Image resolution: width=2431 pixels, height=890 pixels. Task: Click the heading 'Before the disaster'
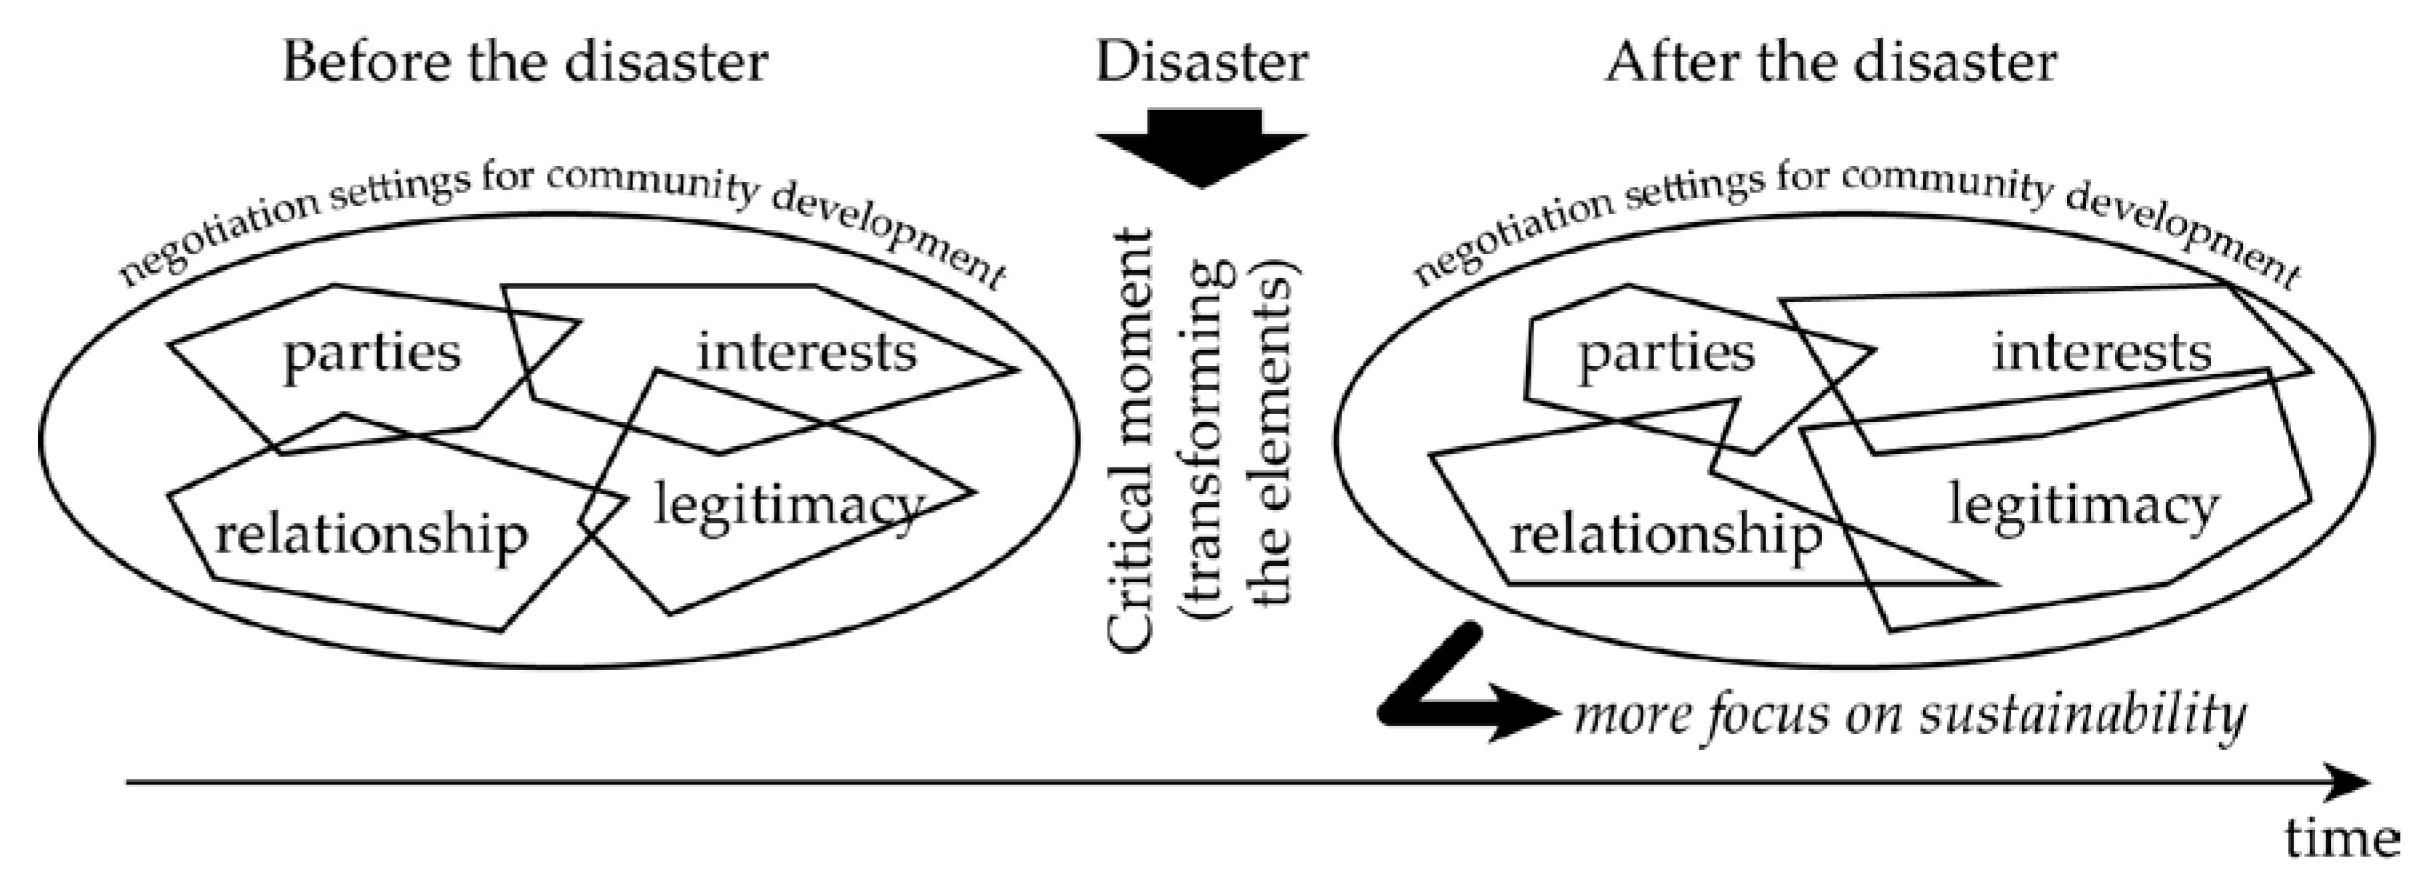[x=524, y=63]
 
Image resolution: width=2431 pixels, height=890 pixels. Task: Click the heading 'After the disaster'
[x=1831, y=63]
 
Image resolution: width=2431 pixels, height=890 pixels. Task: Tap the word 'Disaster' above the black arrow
[x=1202, y=63]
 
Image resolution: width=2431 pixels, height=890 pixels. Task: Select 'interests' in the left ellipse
[x=807, y=353]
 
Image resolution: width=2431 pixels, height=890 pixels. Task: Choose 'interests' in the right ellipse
[x=2102, y=353]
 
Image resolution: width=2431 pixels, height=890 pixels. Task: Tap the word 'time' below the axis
[x=2341, y=838]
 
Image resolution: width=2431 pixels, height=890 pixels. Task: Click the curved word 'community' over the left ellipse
[x=651, y=179]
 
